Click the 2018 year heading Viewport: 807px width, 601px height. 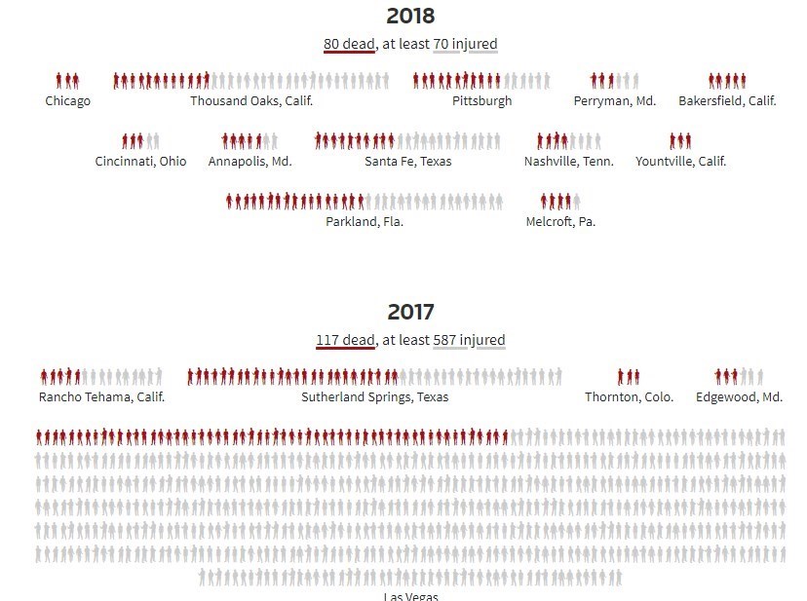(x=410, y=16)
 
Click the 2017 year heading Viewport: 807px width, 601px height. (x=410, y=312)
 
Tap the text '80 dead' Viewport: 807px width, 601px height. (x=349, y=44)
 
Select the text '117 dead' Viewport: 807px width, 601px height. (x=345, y=340)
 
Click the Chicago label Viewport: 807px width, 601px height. (x=68, y=101)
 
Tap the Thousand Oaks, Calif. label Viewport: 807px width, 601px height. (x=251, y=101)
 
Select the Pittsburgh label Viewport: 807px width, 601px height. (x=481, y=101)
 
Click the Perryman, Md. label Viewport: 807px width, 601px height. (x=615, y=101)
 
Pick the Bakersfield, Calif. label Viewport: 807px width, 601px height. (x=727, y=101)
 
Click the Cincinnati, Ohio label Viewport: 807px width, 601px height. (x=140, y=162)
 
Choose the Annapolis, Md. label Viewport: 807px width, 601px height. (x=250, y=162)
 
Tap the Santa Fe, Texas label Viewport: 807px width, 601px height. (x=408, y=162)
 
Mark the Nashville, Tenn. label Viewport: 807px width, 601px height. (x=569, y=162)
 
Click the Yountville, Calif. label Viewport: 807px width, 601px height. (x=680, y=162)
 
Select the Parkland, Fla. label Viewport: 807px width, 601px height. (x=365, y=222)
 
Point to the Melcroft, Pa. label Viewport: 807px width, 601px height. (x=560, y=222)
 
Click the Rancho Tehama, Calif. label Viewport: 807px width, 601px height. (x=102, y=397)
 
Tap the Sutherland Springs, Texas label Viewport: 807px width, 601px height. (x=375, y=397)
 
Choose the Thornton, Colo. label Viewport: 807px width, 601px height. (x=629, y=397)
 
